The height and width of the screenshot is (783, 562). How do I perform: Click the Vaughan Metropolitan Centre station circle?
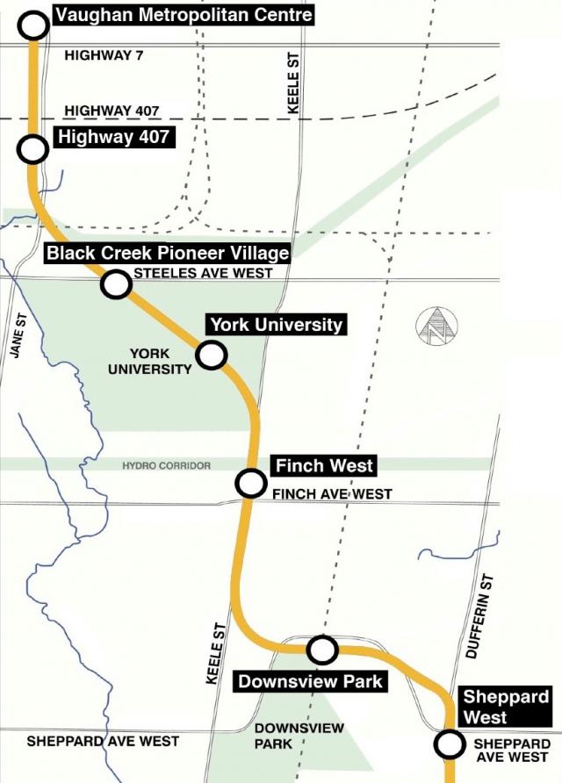(x=33, y=25)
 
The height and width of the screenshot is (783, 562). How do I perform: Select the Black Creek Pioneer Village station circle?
(x=115, y=284)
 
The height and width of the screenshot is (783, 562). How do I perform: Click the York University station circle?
(x=212, y=355)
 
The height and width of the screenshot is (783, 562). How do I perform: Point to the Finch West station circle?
(x=251, y=483)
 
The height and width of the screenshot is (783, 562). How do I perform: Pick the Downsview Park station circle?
(x=322, y=650)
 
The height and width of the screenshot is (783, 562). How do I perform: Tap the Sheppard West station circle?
(x=450, y=745)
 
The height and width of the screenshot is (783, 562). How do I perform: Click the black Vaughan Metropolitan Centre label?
(x=183, y=15)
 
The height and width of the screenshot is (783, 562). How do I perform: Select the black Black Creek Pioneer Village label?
(x=168, y=253)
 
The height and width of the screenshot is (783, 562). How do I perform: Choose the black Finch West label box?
(x=325, y=465)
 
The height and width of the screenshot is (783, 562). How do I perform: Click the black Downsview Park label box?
(x=311, y=680)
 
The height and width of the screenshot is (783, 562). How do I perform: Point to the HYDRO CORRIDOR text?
(x=167, y=465)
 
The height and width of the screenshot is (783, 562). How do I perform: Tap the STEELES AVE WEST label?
(x=203, y=274)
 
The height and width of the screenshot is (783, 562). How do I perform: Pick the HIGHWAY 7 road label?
(x=104, y=55)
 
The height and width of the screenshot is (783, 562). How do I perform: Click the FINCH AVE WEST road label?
(x=332, y=495)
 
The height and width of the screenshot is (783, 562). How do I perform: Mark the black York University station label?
(x=276, y=325)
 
